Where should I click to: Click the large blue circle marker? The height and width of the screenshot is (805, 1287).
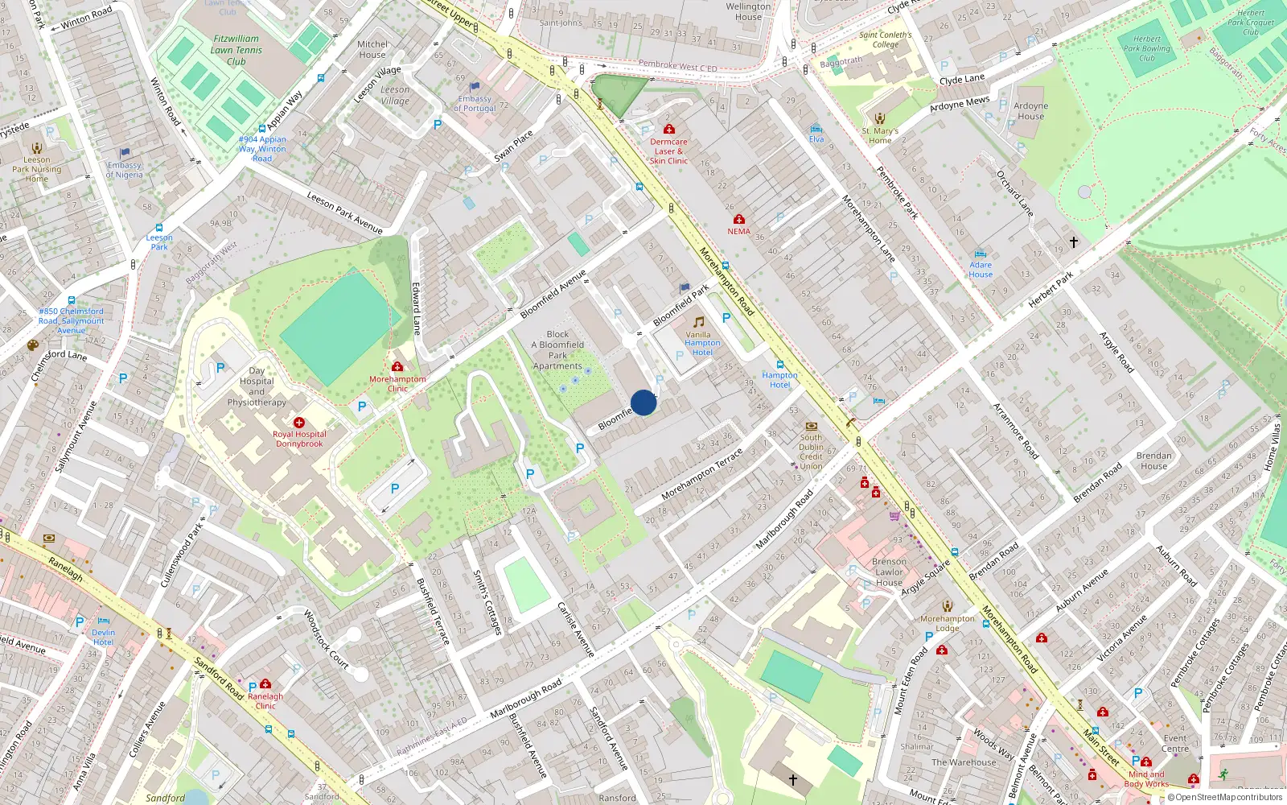click(x=643, y=402)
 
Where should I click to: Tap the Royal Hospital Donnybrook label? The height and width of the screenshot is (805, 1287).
click(x=299, y=439)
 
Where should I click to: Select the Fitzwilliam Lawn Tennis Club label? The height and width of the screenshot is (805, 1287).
click(x=236, y=50)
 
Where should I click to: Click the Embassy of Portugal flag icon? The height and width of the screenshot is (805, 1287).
click(x=475, y=86)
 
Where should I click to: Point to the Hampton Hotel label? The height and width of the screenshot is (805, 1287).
click(x=779, y=380)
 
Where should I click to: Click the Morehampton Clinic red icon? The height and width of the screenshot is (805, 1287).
click(x=397, y=366)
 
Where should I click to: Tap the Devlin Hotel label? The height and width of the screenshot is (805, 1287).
click(x=103, y=638)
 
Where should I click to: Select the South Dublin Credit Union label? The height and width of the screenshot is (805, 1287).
click(x=811, y=452)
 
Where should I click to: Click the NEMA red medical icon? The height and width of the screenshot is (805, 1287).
click(x=739, y=219)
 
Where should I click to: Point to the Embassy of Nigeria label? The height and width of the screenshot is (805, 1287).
click(x=125, y=170)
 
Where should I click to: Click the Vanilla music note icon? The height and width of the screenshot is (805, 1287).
click(x=698, y=322)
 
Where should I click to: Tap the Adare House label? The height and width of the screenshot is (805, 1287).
click(x=981, y=270)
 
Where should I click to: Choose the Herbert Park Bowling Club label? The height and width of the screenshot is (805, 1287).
click(x=1146, y=48)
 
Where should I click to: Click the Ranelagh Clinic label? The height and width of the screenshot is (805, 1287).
click(x=265, y=701)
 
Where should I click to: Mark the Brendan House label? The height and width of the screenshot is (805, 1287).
click(x=1153, y=460)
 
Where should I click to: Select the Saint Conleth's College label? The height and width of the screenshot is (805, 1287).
click(x=885, y=39)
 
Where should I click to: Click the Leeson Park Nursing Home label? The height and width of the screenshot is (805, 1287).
click(x=36, y=169)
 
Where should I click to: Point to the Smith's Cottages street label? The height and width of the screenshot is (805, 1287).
click(x=487, y=601)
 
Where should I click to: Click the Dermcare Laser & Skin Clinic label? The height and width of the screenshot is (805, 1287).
click(x=668, y=151)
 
